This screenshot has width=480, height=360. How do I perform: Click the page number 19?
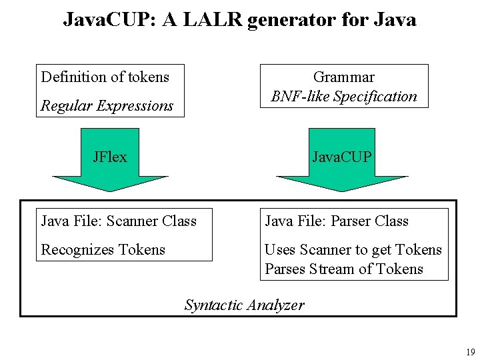(x=470, y=352)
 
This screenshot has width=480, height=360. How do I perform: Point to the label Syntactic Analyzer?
(x=244, y=305)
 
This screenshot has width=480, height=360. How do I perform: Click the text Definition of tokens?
(x=105, y=77)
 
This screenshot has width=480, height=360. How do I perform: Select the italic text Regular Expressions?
(x=107, y=105)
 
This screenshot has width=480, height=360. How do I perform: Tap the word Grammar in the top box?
(x=343, y=77)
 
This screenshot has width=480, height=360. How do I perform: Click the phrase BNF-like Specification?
(x=343, y=96)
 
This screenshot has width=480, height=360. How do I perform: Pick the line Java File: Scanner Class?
(x=119, y=221)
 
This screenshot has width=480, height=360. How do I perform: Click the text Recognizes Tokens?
(x=103, y=249)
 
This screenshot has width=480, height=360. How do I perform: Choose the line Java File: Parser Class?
(x=336, y=221)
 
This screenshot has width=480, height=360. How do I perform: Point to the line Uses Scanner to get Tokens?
(x=353, y=249)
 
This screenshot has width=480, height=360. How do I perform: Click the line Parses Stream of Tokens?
(x=343, y=269)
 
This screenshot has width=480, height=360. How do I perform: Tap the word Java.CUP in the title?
(x=109, y=20)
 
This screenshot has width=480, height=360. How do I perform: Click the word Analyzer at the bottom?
(x=275, y=305)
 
